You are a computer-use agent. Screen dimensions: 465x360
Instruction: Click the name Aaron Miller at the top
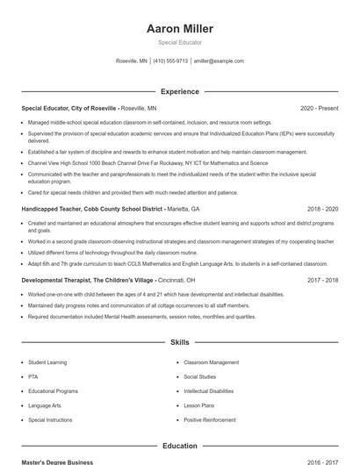pos(180,29)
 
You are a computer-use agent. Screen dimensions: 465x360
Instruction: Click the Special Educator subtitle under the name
pos(180,42)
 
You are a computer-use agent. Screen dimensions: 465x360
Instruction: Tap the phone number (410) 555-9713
pos(171,61)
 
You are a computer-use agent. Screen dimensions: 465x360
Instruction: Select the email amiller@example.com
pos(219,61)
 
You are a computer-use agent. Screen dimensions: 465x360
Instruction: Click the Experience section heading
pos(180,91)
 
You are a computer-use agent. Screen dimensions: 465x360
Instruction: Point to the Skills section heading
pos(180,342)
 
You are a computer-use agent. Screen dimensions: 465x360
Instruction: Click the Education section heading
pos(180,446)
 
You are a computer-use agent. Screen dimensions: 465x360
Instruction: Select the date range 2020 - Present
pos(319,108)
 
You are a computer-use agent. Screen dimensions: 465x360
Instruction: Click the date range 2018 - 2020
pos(322,210)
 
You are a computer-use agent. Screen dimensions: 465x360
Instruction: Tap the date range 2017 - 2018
pos(322,280)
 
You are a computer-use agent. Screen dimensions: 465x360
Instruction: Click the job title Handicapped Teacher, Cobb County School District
pos(92,210)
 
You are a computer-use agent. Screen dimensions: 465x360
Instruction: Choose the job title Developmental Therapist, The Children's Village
pos(87,280)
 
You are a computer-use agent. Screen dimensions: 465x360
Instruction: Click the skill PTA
pos(32,376)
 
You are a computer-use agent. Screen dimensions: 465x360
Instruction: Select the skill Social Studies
pos(200,376)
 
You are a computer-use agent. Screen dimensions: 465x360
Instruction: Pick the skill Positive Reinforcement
pos(210,420)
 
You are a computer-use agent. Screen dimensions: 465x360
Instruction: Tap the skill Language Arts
pos(44,406)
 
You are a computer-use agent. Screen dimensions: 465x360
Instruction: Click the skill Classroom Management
pos(211,362)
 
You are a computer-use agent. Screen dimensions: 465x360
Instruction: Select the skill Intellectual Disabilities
pos(209,391)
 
